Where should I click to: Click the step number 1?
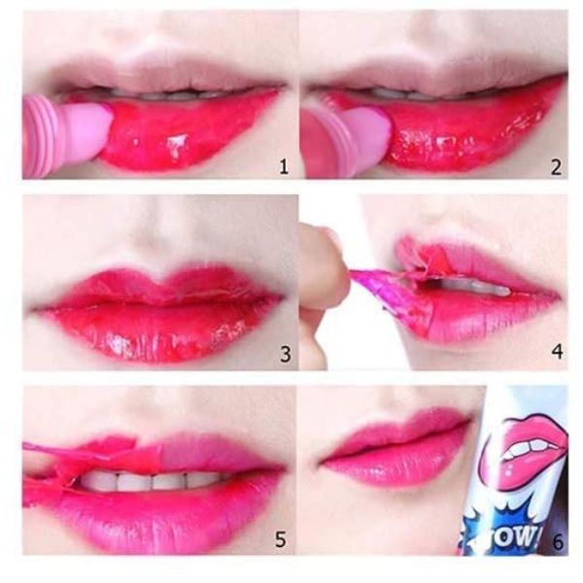(x=284, y=167)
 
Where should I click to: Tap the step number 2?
(x=556, y=167)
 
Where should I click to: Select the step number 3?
(x=285, y=354)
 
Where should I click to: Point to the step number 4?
(x=557, y=352)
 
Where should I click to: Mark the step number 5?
(x=281, y=538)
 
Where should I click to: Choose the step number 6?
(x=558, y=542)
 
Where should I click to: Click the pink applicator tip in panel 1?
(x=89, y=131)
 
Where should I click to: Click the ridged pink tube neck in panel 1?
(x=40, y=136)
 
